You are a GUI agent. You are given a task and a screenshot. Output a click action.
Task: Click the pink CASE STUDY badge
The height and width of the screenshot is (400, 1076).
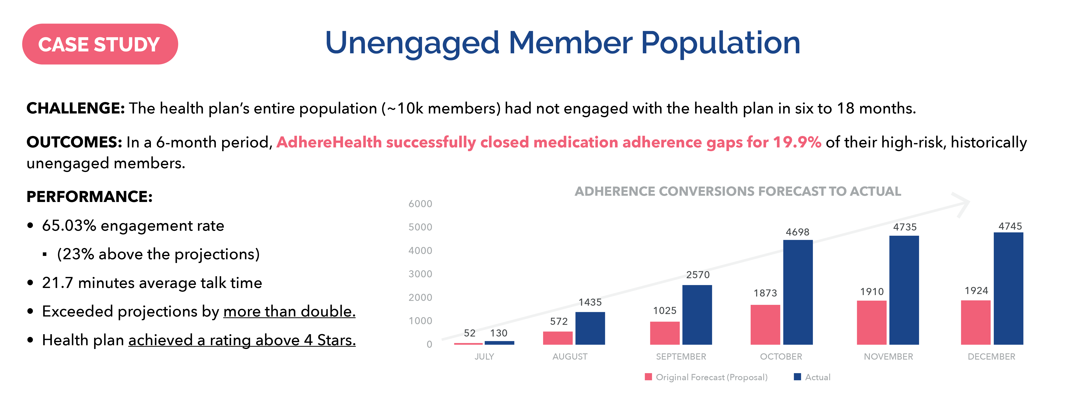point(100,44)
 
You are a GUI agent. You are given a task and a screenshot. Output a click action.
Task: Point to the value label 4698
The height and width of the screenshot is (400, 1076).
point(797,232)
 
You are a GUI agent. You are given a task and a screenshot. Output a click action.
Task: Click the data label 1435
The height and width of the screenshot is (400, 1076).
point(590,302)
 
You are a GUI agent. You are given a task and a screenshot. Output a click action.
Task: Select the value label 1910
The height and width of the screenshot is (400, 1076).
point(872,292)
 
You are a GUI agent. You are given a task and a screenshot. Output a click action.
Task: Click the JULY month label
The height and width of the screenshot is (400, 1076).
point(484,356)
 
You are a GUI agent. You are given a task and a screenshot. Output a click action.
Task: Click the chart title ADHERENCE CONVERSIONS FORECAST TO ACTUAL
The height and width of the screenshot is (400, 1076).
point(738,191)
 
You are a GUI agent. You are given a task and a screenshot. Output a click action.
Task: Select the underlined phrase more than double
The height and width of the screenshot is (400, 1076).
point(289,311)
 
